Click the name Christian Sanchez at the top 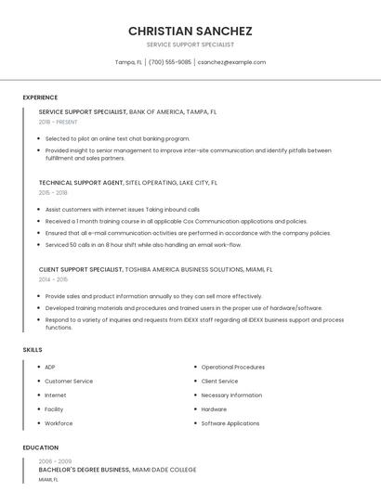click(x=190, y=31)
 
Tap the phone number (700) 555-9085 click(x=169, y=62)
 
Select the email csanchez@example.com click(x=231, y=62)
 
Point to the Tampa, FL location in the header click(x=128, y=62)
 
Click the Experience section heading click(x=40, y=97)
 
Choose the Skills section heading click(x=33, y=349)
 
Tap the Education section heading click(x=41, y=447)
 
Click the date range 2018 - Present click(x=59, y=122)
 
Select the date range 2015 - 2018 click(x=53, y=192)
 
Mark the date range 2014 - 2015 click(x=53, y=278)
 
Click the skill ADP click(x=50, y=367)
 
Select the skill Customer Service click(x=69, y=381)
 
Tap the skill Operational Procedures click(x=232, y=367)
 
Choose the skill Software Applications click(x=230, y=423)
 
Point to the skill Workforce click(x=59, y=423)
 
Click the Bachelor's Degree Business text click(x=84, y=471)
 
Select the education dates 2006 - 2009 click(x=55, y=461)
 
